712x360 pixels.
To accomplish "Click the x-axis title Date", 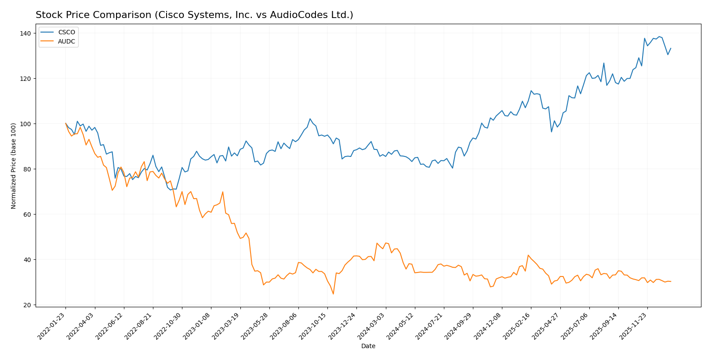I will tap(368, 346).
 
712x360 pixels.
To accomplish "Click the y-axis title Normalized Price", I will tap(14, 166).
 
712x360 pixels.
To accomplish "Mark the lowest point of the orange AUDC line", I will tap(333, 294).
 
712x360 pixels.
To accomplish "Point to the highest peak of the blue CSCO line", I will tap(659, 36).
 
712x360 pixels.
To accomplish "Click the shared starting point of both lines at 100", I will tap(65, 124).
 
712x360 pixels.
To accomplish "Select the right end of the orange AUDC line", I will tap(671, 281).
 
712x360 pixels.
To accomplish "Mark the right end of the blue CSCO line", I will tap(671, 48).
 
